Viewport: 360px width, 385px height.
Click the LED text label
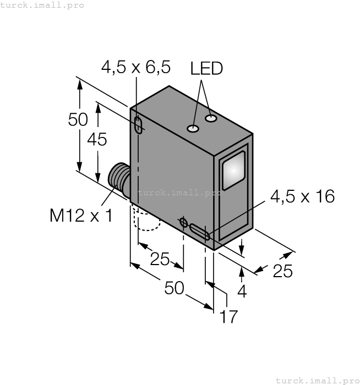point(206,68)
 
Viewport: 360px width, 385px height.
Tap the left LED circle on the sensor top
point(193,129)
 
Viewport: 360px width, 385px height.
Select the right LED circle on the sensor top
point(211,118)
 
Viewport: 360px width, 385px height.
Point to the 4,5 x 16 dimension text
point(302,196)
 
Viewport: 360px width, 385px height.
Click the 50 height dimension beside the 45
point(78,119)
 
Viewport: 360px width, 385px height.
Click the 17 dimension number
point(228,317)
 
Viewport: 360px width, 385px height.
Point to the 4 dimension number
point(242,291)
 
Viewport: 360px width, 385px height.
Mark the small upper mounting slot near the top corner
point(138,125)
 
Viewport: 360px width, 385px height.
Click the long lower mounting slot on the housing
point(199,232)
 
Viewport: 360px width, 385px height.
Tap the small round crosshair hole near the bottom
point(183,222)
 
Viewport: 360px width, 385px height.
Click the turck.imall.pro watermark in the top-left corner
point(42,5)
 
